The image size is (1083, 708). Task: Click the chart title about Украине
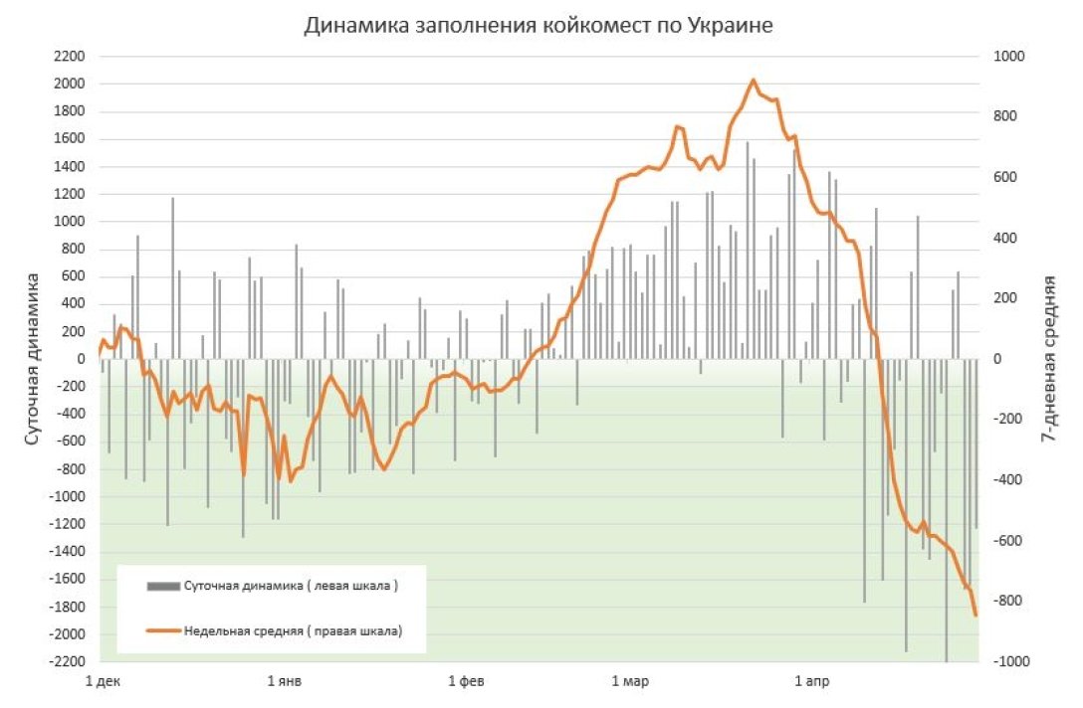539,26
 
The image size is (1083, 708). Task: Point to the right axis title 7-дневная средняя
1048,359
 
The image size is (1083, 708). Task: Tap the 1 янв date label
285,682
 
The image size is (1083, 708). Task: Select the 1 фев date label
466,682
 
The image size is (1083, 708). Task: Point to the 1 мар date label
630,682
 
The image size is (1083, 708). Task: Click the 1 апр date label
810,682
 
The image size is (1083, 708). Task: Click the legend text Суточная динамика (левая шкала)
291,587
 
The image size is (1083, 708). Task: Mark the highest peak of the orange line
753,81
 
